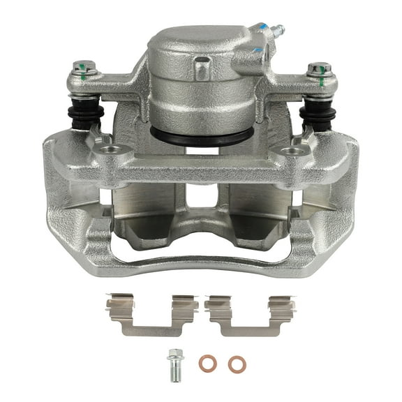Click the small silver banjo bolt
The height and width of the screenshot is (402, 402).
coord(173,362)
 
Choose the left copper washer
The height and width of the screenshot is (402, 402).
coord(206,363)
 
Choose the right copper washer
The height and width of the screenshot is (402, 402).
coord(233,364)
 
